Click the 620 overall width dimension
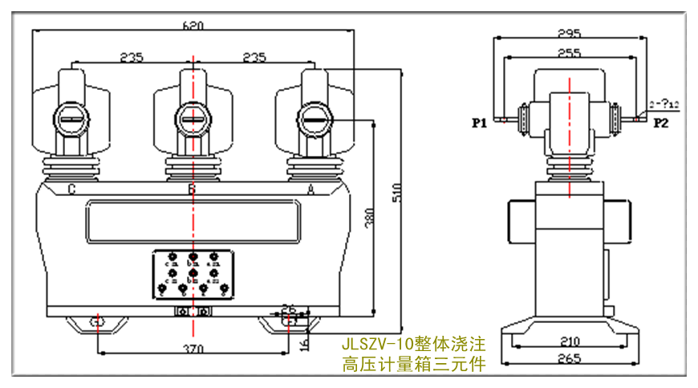[193, 25]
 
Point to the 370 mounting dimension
[193, 349]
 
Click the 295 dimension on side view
[569, 34]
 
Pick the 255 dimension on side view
[569, 53]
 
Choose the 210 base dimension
[569, 340]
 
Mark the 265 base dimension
[569, 359]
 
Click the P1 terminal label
[480, 123]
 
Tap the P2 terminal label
[661, 123]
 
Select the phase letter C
[72, 190]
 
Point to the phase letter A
[311, 190]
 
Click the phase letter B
[192, 190]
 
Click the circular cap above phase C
[71, 120]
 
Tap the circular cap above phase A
[315, 120]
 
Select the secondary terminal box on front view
[193, 276]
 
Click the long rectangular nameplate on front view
[193, 223]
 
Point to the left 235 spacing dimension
[132, 57]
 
